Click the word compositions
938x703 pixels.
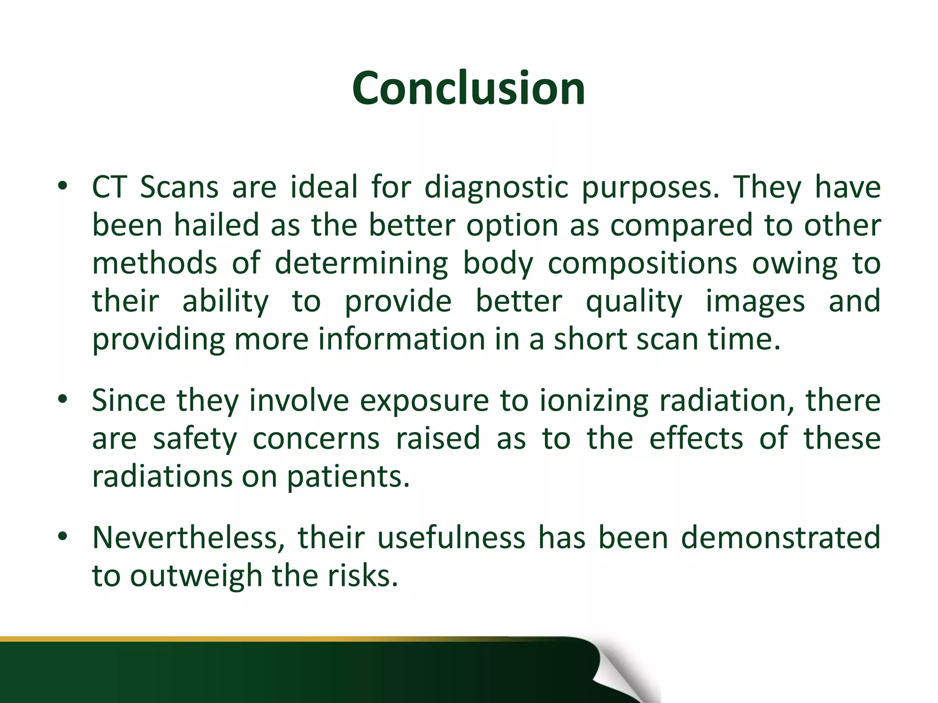tap(642, 264)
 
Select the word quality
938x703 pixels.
tap(634, 302)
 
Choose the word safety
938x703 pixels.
tap(195, 439)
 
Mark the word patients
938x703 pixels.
tap(348, 477)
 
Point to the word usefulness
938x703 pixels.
tap(451, 537)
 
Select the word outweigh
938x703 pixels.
tap(196, 576)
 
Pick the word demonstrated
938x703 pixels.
tap(780, 537)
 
